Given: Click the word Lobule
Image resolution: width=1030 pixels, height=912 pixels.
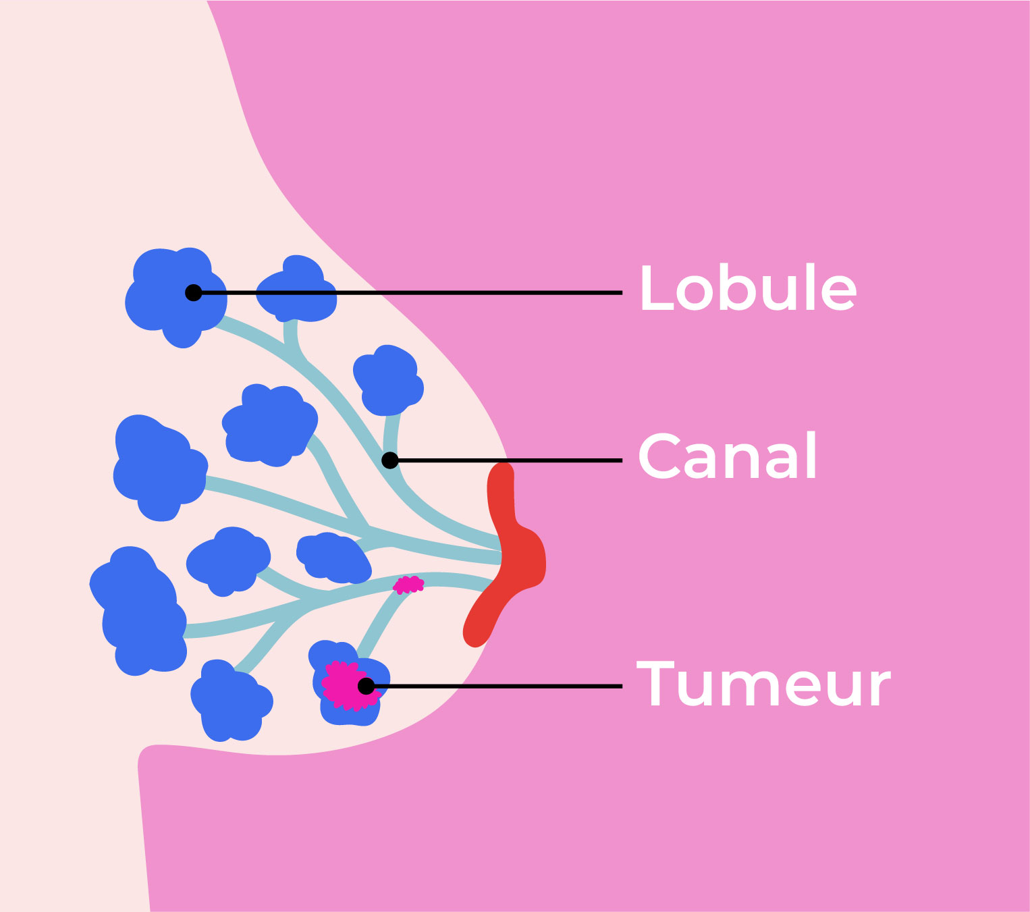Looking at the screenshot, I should coord(748,288).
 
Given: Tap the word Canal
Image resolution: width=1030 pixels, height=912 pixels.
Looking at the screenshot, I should coord(728,456).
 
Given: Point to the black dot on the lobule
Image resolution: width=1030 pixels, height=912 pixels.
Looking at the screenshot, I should coord(194,292).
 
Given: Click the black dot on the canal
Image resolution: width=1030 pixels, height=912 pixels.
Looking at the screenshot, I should coord(390,460).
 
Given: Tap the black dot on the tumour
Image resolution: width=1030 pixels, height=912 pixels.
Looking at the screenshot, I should coord(366,686).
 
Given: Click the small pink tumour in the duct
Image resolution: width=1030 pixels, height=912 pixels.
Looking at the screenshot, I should coord(408,585).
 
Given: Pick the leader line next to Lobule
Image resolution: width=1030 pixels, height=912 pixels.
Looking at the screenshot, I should coord(472,292).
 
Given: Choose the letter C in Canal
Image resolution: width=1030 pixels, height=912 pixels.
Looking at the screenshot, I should coord(659,456).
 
